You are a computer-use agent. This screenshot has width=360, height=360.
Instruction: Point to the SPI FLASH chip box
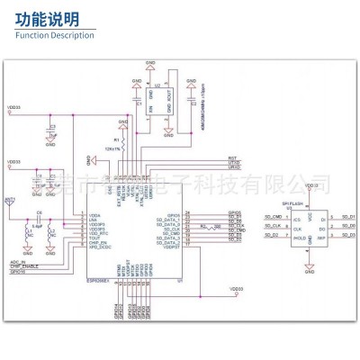click(x=304, y=231)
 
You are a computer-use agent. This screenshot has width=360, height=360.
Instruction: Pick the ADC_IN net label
click(x=17, y=261)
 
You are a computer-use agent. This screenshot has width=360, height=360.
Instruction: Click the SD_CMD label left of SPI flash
click(x=273, y=218)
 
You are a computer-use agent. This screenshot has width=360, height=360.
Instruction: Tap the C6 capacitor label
click(x=40, y=212)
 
